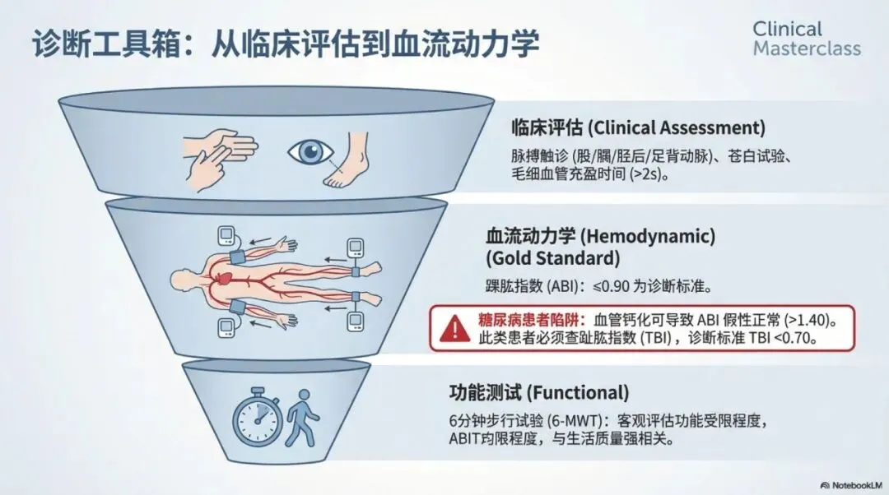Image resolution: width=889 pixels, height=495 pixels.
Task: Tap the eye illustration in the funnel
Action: pyautogui.click(x=310, y=153)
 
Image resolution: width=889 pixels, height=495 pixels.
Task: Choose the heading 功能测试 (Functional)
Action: pyautogui.click(x=538, y=391)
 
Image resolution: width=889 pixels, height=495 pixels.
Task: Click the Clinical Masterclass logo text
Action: pyautogui.click(x=806, y=39)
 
